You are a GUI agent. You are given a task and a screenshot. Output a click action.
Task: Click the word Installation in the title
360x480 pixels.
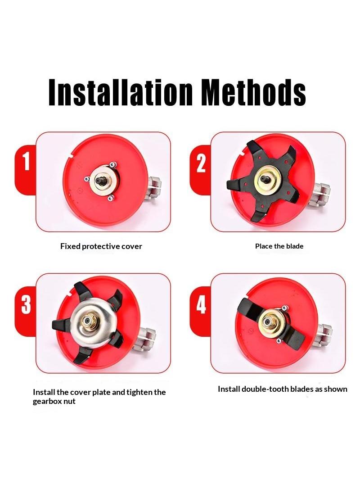pos(121,92)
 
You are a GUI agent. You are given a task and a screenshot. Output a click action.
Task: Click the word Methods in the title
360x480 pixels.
pos(254,92)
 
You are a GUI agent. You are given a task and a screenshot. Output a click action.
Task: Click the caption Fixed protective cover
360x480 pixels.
pos(101,246)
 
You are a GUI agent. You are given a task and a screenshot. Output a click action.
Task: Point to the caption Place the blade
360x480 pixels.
pos(279,246)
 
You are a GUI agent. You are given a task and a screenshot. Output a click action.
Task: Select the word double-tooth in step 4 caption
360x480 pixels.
pos(265,389)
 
